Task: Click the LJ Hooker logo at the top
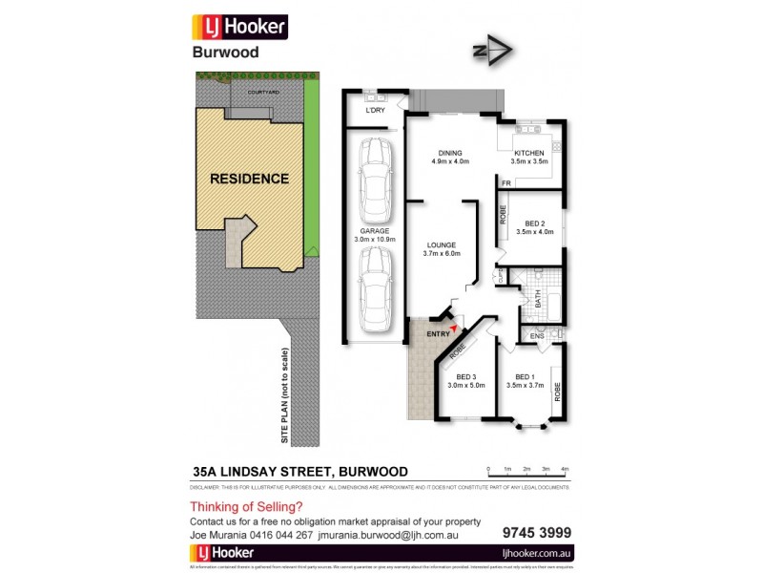coord(239,27)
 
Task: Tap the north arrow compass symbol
coord(492,52)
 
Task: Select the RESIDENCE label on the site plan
coord(249,179)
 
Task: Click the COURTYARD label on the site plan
coord(262,92)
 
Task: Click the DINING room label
coord(450,153)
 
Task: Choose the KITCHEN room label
coord(529,153)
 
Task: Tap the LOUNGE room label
coord(442,245)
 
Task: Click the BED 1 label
coord(527,376)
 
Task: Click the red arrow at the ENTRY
coord(454,328)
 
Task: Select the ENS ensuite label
coord(537,336)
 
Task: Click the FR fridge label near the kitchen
coord(505,182)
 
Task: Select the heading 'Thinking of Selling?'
coord(246,507)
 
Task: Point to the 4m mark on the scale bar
coord(566,469)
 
